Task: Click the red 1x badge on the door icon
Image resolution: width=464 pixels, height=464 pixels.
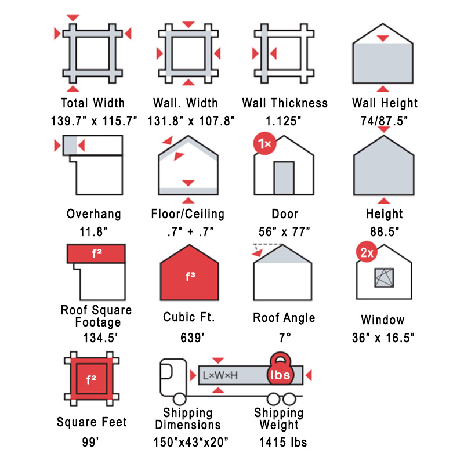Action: pyautogui.click(x=264, y=144)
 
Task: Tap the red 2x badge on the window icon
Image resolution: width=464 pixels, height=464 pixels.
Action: pyautogui.click(x=367, y=252)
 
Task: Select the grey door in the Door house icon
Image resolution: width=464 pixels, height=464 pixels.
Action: pyautogui.click(x=284, y=178)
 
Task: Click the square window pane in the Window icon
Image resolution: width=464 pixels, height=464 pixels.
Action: pyautogui.click(x=384, y=278)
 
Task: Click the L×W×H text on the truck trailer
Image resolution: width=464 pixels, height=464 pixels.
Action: pyautogui.click(x=220, y=375)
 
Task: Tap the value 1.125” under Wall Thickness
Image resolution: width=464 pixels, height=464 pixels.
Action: pyautogui.click(x=283, y=121)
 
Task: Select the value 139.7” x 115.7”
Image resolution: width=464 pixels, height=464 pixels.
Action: pyautogui.click(x=94, y=121)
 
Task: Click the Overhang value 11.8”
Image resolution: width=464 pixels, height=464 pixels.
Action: pyautogui.click(x=93, y=231)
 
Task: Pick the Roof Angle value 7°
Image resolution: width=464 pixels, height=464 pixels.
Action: pyautogui.click(x=285, y=338)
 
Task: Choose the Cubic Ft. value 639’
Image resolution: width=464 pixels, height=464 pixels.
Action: pyautogui.click(x=193, y=338)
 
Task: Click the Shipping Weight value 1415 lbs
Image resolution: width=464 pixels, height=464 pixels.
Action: pyautogui.click(x=283, y=443)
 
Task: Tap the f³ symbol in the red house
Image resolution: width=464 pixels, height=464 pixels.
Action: pyautogui.click(x=190, y=277)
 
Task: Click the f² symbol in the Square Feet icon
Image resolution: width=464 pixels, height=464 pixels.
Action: pyautogui.click(x=91, y=379)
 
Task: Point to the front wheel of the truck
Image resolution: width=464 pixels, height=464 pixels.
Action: pyautogui.click(x=179, y=399)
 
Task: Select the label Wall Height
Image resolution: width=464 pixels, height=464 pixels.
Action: pyautogui.click(x=385, y=103)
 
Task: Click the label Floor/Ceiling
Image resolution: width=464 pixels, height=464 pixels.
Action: pyautogui.click(x=188, y=214)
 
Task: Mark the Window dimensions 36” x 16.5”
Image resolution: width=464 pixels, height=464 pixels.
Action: pyautogui.click(x=383, y=338)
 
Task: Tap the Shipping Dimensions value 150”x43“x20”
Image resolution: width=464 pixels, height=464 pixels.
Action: pyautogui.click(x=191, y=443)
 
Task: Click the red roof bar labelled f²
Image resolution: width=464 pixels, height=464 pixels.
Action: pyautogui.click(x=96, y=253)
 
